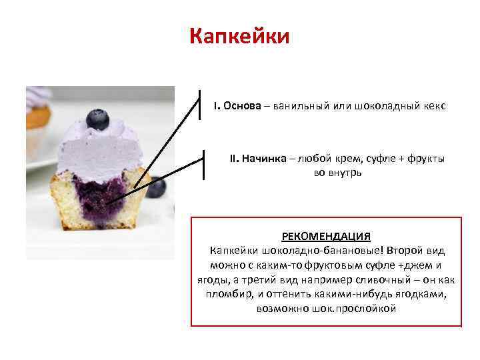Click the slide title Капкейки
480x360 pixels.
239,36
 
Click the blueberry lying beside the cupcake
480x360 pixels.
156,187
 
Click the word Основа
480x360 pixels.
243,106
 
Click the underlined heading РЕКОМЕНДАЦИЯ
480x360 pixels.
326,237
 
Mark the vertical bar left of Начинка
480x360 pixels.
203,164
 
